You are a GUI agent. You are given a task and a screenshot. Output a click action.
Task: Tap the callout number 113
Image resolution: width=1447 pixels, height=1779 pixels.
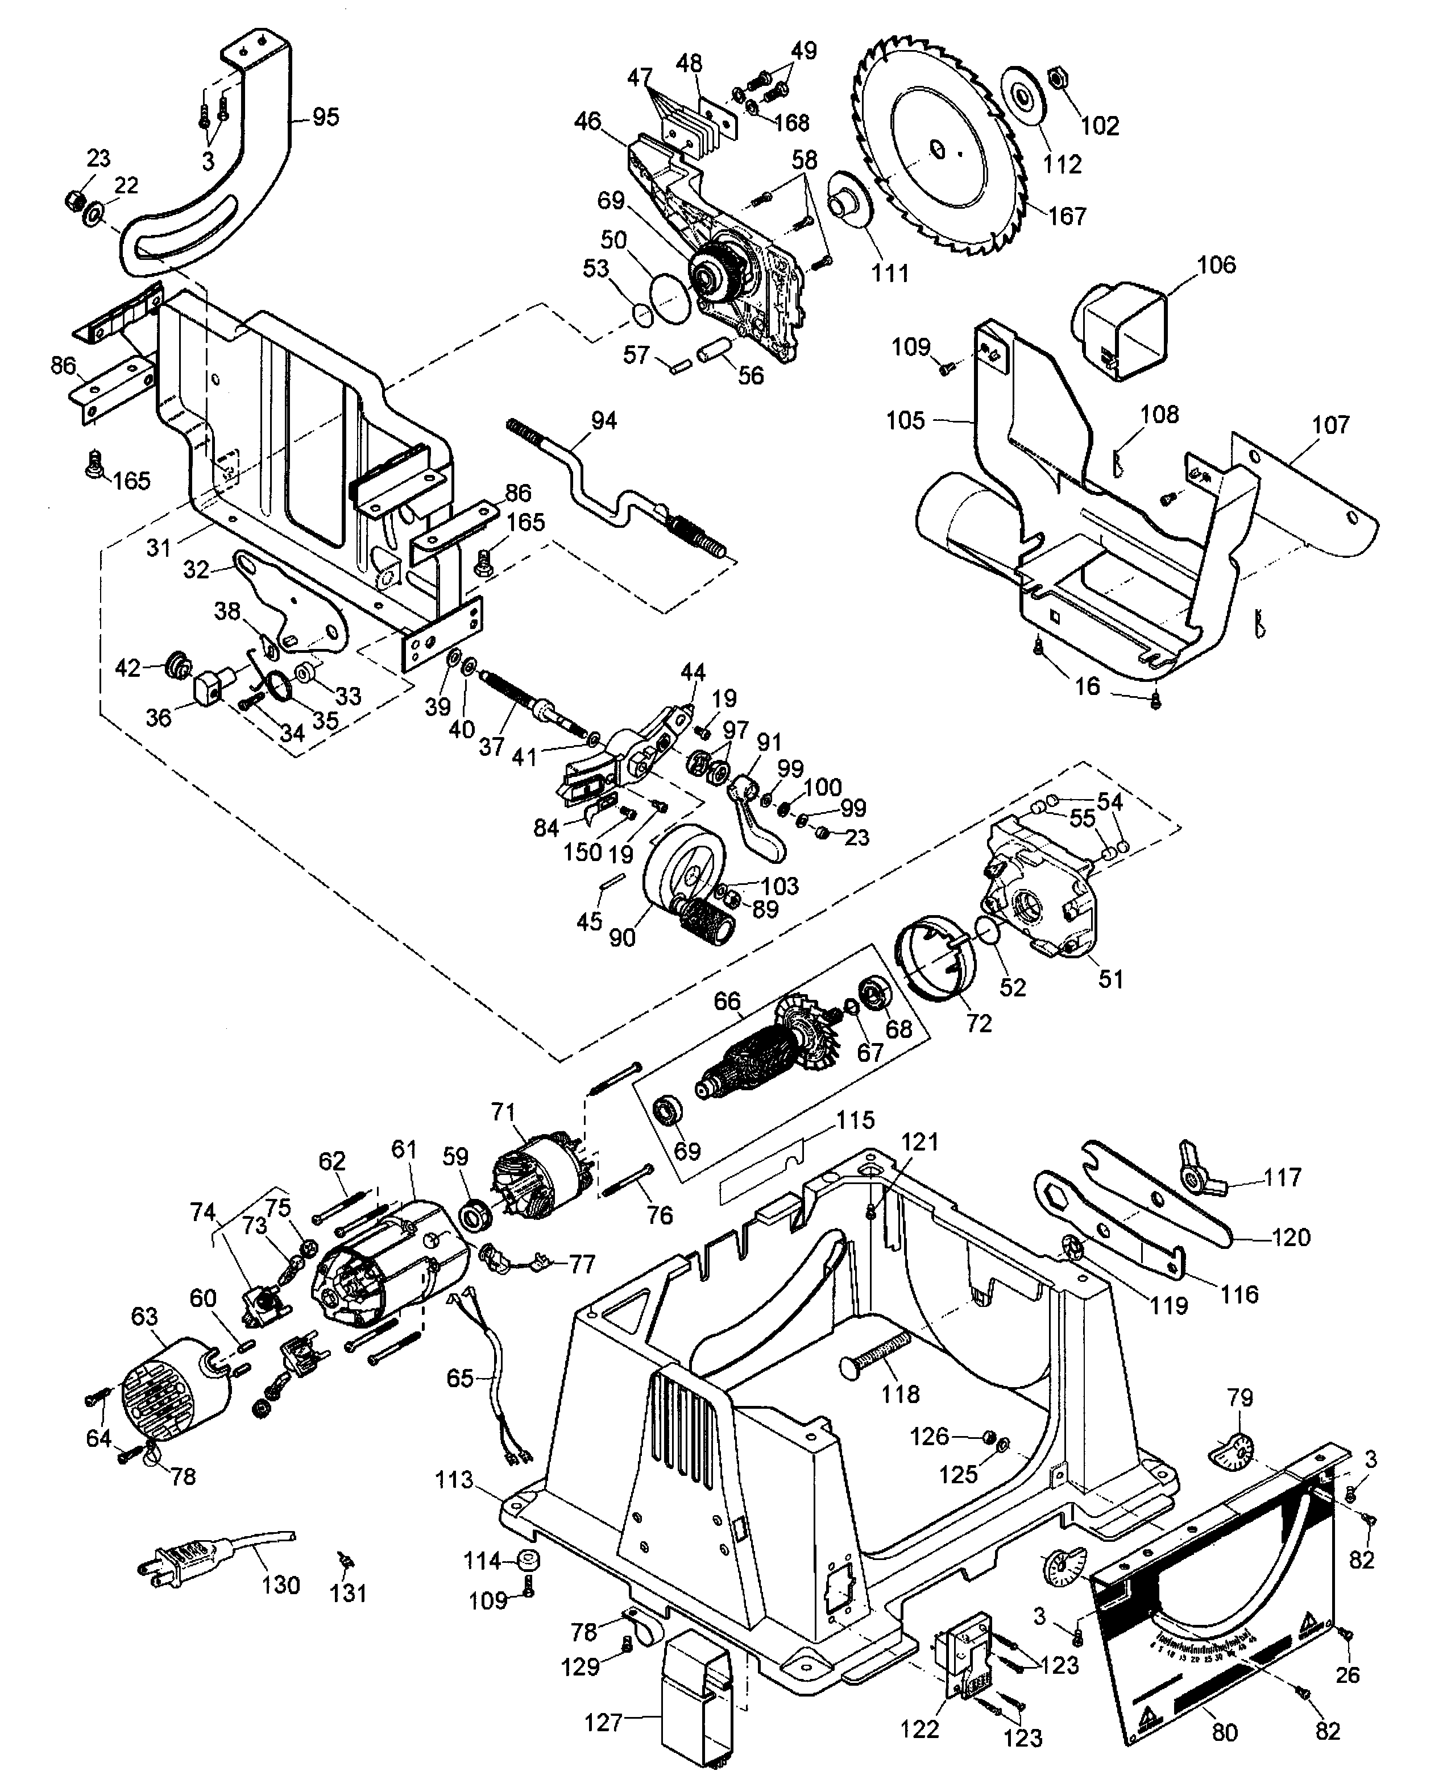click(x=454, y=1480)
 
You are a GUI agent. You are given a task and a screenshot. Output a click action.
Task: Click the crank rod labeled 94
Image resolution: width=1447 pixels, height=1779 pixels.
click(x=613, y=492)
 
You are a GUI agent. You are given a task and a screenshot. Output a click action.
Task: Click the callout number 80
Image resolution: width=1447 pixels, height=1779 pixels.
click(x=1225, y=1732)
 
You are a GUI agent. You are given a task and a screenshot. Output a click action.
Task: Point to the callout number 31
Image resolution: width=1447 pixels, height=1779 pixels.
click(x=159, y=547)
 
